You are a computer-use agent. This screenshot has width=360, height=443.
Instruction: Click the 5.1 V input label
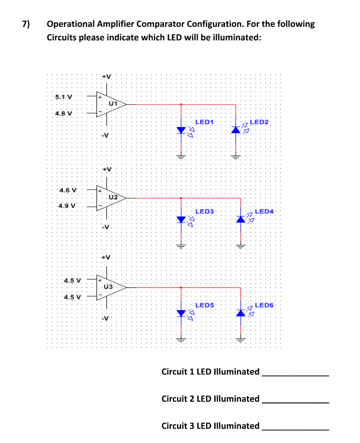point(64,97)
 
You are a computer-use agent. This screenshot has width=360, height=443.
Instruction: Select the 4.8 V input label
point(64,113)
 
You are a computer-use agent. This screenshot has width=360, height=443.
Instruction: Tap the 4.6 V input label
point(67,189)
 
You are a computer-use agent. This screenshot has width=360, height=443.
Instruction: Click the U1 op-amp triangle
point(111,104)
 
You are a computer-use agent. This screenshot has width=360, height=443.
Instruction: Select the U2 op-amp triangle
point(111,197)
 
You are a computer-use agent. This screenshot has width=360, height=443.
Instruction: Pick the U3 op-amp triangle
point(111,287)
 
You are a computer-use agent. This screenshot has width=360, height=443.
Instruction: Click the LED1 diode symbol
point(181,130)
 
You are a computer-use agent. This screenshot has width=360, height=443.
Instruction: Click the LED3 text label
point(204,211)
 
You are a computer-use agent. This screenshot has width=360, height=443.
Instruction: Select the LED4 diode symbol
point(241,218)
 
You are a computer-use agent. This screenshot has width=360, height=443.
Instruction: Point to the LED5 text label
point(204,305)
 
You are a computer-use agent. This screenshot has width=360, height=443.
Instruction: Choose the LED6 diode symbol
point(241,313)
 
